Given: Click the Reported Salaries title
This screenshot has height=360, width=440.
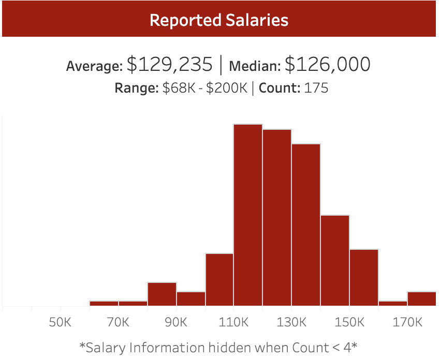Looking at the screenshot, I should pos(219,20).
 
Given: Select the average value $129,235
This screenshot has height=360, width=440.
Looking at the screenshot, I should pos(170,65).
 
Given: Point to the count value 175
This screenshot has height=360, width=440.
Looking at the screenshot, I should pos(316,88).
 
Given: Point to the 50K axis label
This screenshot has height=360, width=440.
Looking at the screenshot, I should pos(60,322).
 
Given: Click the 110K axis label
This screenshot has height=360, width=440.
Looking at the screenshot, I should pos(233,322).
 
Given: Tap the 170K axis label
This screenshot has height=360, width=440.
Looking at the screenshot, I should pos(407,322).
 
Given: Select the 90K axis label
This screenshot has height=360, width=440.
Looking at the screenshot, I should pos(175,322).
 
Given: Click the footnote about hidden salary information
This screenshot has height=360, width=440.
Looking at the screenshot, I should pos(218,347).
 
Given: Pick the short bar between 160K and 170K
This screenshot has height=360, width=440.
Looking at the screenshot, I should pos(393,303).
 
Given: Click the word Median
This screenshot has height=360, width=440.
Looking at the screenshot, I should pos(255,66).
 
